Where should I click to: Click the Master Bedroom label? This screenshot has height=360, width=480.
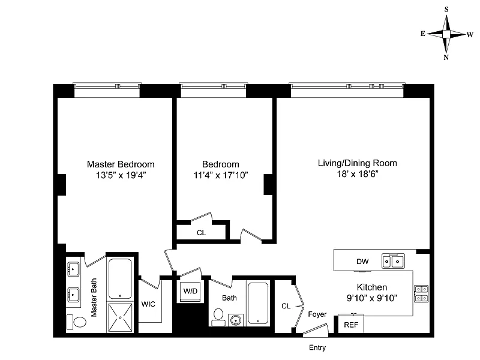click(121, 164)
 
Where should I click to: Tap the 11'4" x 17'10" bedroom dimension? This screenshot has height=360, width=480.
click(220, 175)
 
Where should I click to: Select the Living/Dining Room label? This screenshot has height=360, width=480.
click(357, 163)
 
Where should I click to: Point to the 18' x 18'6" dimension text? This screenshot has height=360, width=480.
click(358, 174)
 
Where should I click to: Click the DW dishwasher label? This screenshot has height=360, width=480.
click(362, 262)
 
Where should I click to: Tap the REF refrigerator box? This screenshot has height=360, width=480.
click(351, 324)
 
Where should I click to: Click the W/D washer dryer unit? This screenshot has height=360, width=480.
click(190, 291)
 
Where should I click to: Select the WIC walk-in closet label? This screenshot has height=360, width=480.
click(148, 304)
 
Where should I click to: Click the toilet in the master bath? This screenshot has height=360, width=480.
click(77, 322)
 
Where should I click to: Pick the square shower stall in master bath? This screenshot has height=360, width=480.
click(120, 317)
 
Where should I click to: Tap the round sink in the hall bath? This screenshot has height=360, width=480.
click(236, 320)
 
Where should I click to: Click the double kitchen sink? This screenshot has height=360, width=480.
click(394, 261)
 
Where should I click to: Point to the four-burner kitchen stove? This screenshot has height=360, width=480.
click(421, 293)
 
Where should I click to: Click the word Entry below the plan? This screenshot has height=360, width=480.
click(317, 348)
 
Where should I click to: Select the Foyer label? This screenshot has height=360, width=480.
click(317, 314)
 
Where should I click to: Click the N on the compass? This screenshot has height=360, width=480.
click(446, 58)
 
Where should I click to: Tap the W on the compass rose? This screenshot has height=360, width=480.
click(470, 35)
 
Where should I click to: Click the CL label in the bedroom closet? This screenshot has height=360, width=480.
click(201, 233)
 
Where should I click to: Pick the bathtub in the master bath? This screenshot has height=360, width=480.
click(121, 279)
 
